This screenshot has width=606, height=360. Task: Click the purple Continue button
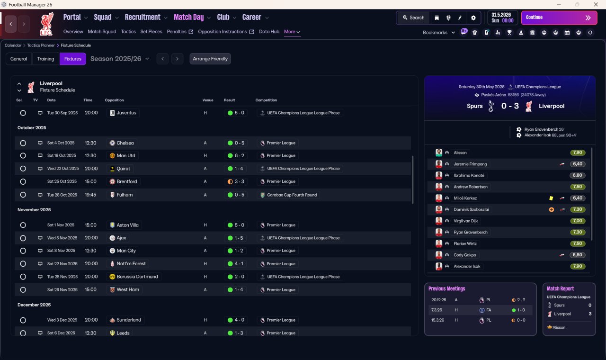pyautogui.click(x=559, y=18)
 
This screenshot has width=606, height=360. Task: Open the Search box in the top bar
pyautogui.click(x=414, y=18)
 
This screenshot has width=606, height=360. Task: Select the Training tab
pyautogui.click(x=45, y=59)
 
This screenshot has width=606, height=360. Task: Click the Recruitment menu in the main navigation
pyautogui.click(x=143, y=18)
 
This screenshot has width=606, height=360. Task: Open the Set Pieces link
pyautogui.click(x=151, y=32)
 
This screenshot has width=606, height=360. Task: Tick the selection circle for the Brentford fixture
pyautogui.click(x=23, y=181)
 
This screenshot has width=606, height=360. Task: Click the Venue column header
pyautogui.click(x=208, y=100)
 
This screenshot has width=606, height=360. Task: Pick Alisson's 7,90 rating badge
pyautogui.click(x=578, y=153)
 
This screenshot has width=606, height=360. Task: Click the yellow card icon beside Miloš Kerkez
pyautogui.click(x=551, y=198)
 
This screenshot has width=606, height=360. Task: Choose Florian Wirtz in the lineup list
pyautogui.click(x=465, y=243)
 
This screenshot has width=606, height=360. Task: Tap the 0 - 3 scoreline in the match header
pyautogui.click(x=510, y=106)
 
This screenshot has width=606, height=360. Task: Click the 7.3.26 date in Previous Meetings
pyautogui.click(x=437, y=310)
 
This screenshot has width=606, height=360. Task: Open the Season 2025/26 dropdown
pyautogui.click(x=120, y=59)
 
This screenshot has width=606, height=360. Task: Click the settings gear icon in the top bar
pyautogui.click(x=473, y=18)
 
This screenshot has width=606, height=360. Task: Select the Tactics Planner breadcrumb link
pyautogui.click(x=41, y=45)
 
